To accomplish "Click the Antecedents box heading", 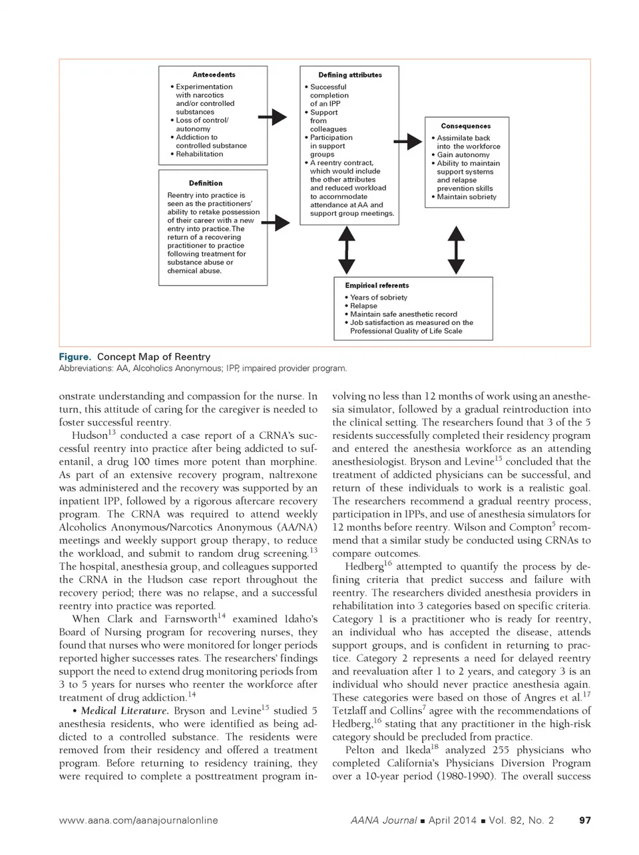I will click(x=214, y=75).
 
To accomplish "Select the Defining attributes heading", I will click(x=350, y=75).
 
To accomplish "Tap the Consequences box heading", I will click(x=466, y=126).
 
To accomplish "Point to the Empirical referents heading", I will click(x=377, y=286).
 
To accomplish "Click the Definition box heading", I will click(x=206, y=183).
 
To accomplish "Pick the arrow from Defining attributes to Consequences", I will click(x=407, y=142).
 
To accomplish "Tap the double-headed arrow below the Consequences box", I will click(x=456, y=250).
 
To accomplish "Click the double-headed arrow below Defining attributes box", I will click(x=346, y=250).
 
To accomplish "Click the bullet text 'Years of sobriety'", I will click(x=378, y=298).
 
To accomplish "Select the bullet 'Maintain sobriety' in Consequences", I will click(x=467, y=197).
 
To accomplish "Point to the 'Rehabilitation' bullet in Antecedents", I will click(x=199, y=154).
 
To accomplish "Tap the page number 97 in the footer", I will click(x=585, y=820).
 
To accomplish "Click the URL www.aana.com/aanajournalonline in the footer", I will click(x=138, y=820).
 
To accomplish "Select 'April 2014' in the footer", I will click(x=452, y=820).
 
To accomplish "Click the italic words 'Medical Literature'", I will click(x=116, y=711).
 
